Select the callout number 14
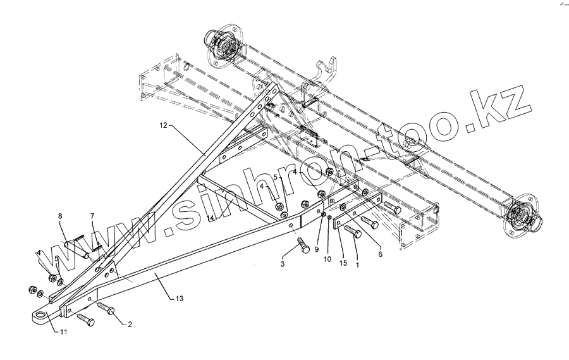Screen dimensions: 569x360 (x=212, y=218)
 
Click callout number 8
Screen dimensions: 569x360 (x=61, y=216)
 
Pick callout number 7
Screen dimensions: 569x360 (x=92, y=216)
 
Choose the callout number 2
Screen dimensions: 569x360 (x=130, y=324)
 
